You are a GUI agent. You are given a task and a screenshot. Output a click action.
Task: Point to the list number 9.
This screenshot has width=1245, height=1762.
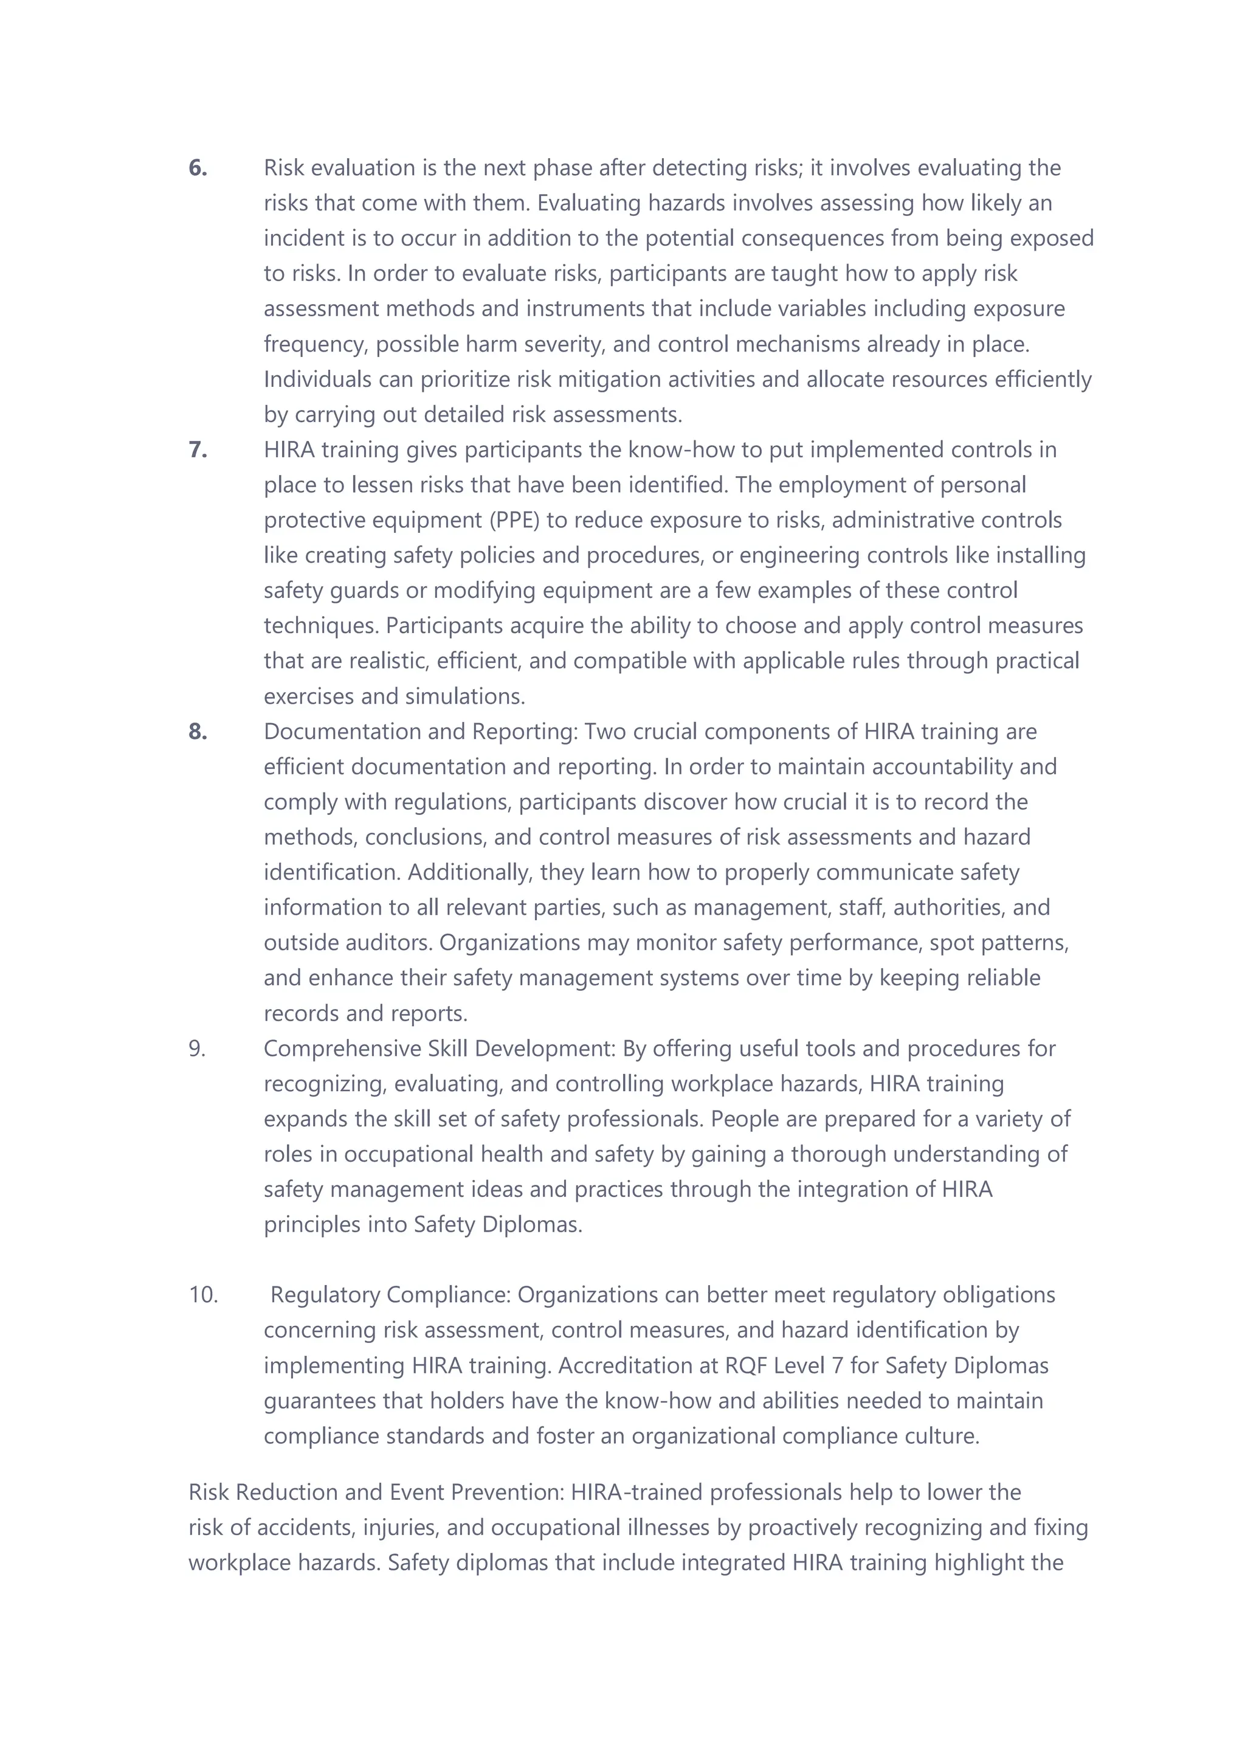(197, 1049)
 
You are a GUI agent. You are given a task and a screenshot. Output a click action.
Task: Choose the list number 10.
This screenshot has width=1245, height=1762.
(203, 1295)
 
